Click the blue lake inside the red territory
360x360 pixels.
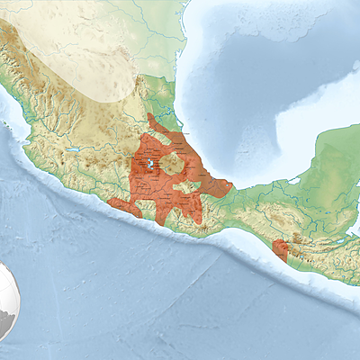[146, 166]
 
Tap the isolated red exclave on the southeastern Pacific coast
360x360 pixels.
[280, 250]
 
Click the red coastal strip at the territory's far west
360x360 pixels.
[121, 207]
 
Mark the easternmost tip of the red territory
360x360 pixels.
[231, 188]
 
